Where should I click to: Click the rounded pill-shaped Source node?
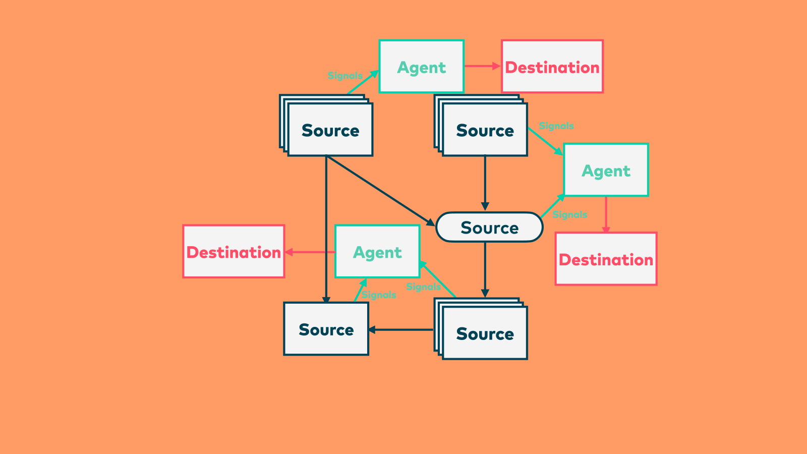[489, 228]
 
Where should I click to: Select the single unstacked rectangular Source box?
[326, 329]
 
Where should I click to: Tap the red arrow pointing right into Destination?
[482, 66]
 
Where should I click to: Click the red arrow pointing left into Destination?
[310, 252]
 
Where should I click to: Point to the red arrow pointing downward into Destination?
[606, 214]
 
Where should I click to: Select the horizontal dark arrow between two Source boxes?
[401, 330]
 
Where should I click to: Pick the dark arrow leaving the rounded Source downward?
[485, 269]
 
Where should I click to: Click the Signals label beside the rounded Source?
[570, 215]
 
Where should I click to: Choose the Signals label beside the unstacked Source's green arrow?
[379, 295]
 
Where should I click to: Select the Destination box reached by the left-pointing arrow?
[234, 252]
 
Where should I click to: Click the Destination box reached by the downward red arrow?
[606, 259]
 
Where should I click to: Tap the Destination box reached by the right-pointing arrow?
[552, 67]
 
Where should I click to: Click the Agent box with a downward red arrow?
[606, 171]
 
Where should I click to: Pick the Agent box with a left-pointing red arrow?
[377, 252]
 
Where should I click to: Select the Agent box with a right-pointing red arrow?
[422, 67]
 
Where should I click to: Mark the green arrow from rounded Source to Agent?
[552, 206]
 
